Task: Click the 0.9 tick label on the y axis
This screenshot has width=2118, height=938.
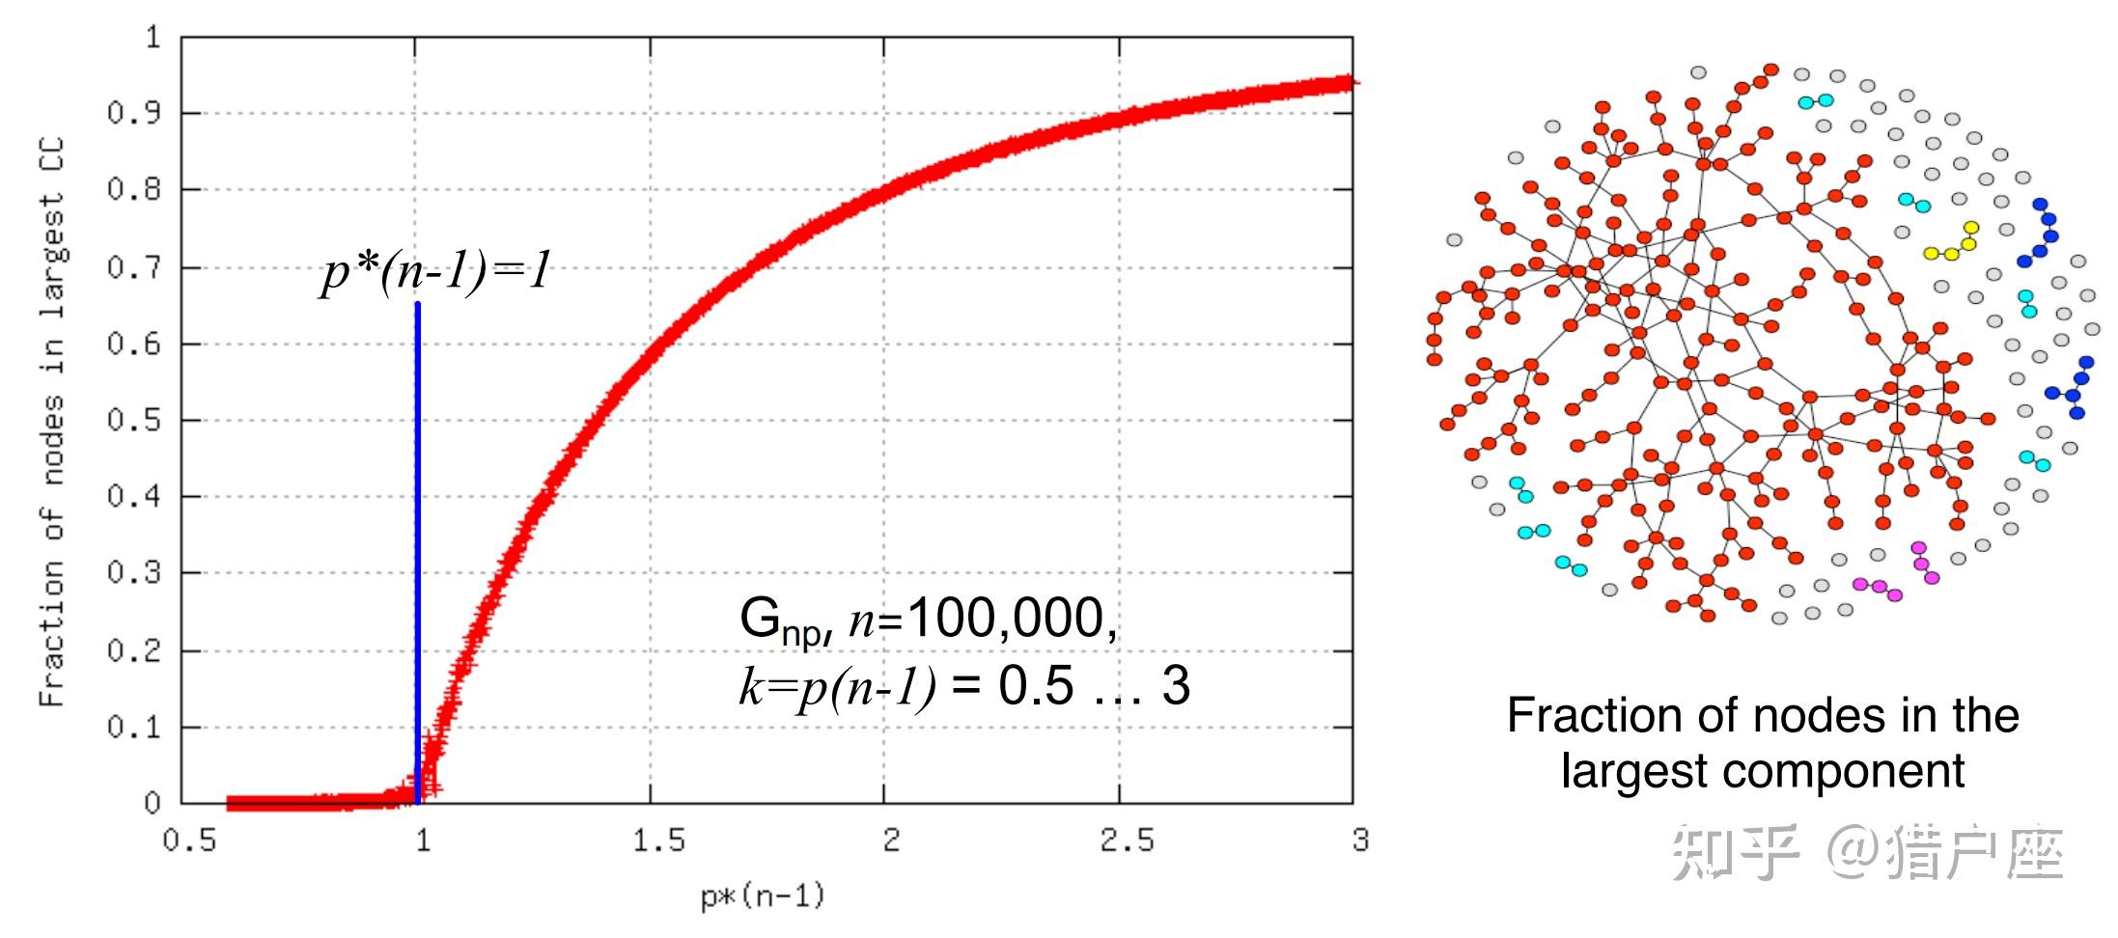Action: (x=133, y=114)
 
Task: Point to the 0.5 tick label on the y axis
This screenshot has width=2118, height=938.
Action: (x=133, y=421)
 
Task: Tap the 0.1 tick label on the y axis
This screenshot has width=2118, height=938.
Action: (x=133, y=727)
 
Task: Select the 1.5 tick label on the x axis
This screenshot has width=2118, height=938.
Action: (x=658, y=841)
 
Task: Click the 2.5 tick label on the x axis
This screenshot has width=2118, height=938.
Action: (x=1127, y=841)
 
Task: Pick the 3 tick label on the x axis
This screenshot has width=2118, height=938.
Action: (x=1360, y=841)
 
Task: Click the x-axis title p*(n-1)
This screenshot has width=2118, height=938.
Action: (x=763, y=897)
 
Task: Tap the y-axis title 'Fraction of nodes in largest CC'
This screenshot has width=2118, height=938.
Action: (x=52, y=421)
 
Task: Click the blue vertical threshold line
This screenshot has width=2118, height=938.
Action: (x=417, y=540)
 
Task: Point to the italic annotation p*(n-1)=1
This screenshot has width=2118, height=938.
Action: (x=436, y=270)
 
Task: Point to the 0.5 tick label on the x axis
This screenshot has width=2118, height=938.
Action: (x=189, y=841)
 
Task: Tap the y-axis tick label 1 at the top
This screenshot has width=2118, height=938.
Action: (x=153, y=38)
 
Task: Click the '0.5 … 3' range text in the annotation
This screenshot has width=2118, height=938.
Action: (x=1094, y=686)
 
